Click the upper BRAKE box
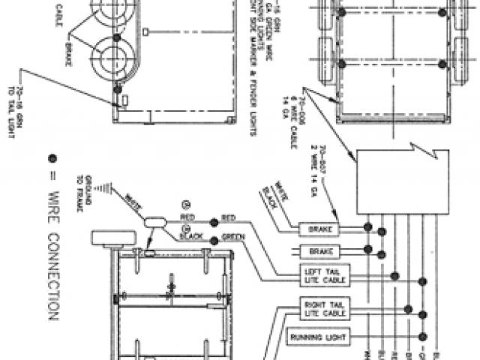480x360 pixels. coord(319,228)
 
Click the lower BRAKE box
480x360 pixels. coord(319,251)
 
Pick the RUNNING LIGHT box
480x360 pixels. coord(318,338)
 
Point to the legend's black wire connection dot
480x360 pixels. coord(52,158)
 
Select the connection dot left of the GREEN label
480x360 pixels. coord(214,240)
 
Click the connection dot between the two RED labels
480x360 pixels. coord(214,222)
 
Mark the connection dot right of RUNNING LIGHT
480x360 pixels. coord(422,338)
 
